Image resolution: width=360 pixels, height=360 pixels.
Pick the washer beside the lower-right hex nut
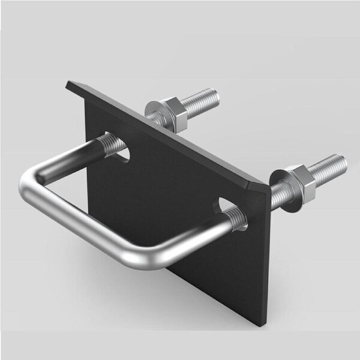point(279,179)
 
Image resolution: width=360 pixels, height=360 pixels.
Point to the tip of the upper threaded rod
point(215,95)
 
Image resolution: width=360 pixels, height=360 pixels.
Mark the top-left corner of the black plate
point(68,84)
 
